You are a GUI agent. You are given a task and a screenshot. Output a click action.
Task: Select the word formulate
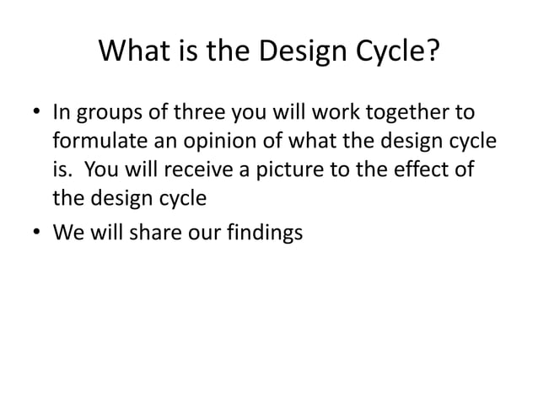click(x=93, y=142)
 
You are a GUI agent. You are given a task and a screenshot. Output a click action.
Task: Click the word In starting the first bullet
click(x=62, y=113)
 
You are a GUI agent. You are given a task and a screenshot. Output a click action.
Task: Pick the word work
click(x=337, y=113)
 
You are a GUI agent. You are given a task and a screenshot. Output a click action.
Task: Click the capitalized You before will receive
click(x=100, y=172)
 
